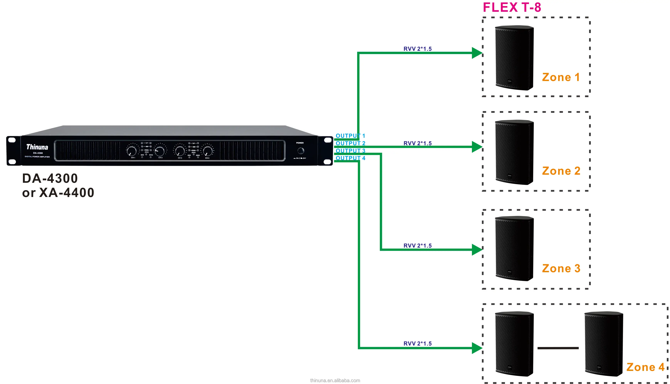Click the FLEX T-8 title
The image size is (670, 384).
click(x=512, y=7)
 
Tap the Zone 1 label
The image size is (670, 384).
click(x=561, y=77)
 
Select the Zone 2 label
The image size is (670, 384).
click(x=561, y=171)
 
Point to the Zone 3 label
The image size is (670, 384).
click(x=561, y=269)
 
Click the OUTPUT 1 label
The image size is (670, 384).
click(x=350, y=136)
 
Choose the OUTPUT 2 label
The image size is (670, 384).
click(x=350, y=143)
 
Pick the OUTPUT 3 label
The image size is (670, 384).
click(x=350, y=151)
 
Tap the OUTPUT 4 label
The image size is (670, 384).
click(x=350, y=158)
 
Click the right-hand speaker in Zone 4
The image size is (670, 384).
click(x=604, y=344)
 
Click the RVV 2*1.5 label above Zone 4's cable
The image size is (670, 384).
click(x=417, y=343)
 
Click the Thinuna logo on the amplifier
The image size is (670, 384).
click(x=37, y=147)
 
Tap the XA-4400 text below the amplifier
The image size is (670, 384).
click(x=66, y=193)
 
